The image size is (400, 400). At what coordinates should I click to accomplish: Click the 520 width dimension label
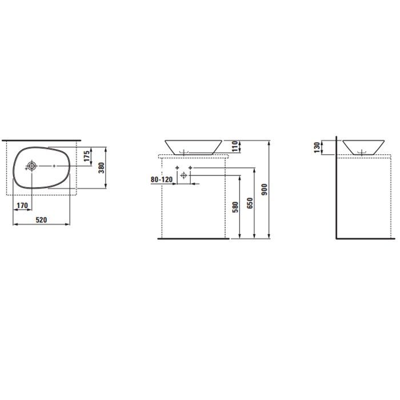coord(41,219)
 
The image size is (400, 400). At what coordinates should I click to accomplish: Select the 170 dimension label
coord(22,205)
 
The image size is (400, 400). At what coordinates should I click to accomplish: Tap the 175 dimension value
coord(87,156)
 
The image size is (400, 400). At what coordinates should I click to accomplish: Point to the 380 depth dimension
coord(102,168)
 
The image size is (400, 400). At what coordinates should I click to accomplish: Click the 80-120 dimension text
coord(162,179)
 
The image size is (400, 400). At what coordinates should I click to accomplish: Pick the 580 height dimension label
coord(235,207)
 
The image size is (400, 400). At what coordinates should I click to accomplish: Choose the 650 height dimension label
coord(250,203)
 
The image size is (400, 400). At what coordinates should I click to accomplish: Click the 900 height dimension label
coord(264,190)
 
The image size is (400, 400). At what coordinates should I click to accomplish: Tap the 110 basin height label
coord(235,146)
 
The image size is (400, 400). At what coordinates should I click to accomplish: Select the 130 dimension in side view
coord(317,147)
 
